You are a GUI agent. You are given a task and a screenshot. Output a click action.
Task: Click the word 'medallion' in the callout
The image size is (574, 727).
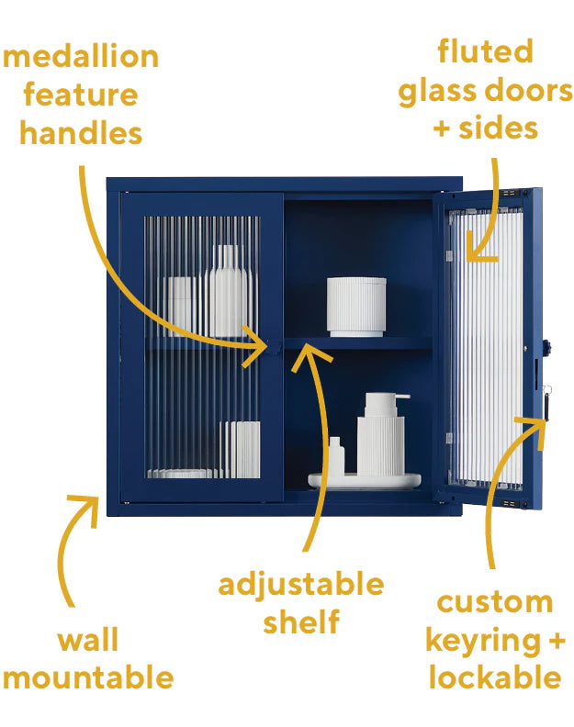click(81, 57)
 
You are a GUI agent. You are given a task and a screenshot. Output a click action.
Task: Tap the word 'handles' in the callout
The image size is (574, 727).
click(81, 133)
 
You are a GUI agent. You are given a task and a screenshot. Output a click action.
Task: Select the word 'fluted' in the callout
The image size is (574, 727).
click(486, 51)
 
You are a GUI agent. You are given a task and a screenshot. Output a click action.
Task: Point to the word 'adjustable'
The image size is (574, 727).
click(301, 585)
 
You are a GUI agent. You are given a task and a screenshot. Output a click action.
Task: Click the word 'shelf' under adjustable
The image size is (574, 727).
click(301, 621)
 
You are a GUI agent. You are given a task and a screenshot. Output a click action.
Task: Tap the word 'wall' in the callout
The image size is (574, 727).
click(88, 640)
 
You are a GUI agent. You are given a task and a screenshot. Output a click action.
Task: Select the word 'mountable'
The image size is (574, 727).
click(88, 677)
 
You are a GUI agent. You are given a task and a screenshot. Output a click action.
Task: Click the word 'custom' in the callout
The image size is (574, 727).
click(494, 602)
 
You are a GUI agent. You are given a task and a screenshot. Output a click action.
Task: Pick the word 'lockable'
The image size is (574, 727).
click(494, 677)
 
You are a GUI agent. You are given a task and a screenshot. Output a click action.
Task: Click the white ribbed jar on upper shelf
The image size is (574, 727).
click(356, 307)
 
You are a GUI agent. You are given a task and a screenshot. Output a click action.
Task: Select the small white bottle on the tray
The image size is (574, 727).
click(337, 457)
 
